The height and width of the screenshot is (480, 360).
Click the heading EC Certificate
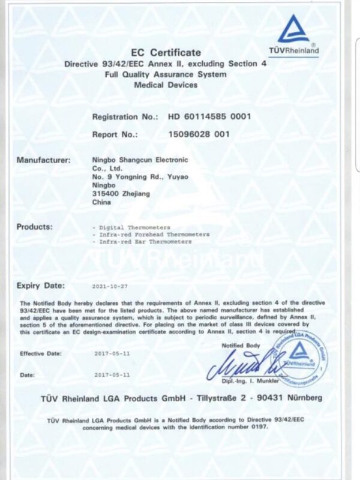[166, 53]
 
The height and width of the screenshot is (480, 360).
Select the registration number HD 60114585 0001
[209, 116]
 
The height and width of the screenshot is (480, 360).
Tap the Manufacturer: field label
[44, 160]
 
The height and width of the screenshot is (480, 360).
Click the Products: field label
[35, 227]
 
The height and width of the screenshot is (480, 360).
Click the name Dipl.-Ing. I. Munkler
[247, 381]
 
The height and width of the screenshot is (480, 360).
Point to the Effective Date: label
[40, 354]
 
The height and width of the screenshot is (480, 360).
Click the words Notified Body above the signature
[241, 346]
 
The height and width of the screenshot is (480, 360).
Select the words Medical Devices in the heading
[166, 85]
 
